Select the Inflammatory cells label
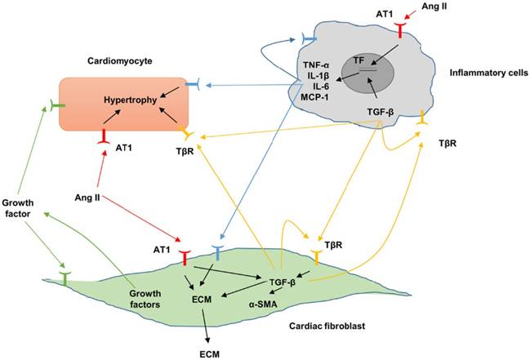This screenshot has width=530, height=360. (479, 73)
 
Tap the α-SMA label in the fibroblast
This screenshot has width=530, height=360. (266, 300)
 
